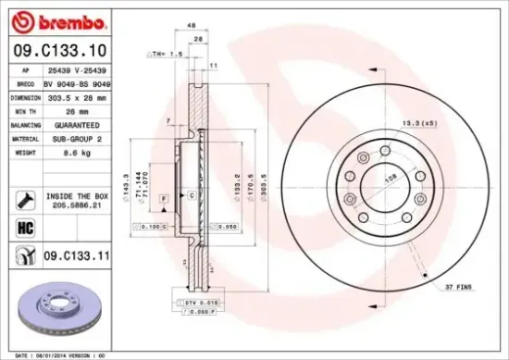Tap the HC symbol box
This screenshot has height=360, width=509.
[24, 226]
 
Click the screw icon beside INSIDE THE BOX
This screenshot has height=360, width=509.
[24, 197]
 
